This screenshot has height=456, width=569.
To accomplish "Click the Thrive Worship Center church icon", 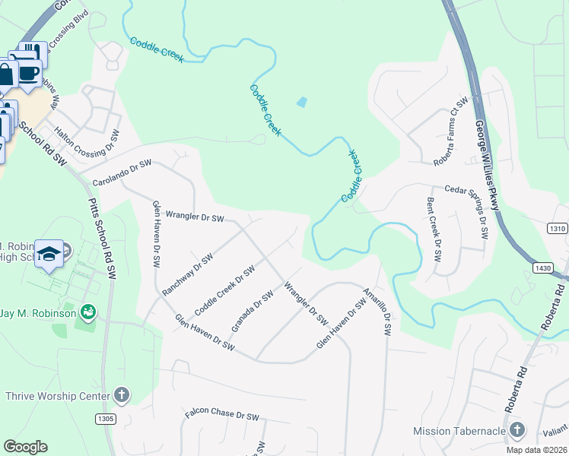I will coord(122,395).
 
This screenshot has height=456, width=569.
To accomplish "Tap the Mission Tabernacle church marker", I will coord(517,431).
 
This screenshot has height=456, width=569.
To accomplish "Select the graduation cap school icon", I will coord(50,254).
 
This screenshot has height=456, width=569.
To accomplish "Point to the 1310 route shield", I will coord(557,228).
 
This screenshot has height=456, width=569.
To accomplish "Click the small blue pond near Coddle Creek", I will coord(302,101).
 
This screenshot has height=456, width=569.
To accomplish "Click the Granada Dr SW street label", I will coord(252,312).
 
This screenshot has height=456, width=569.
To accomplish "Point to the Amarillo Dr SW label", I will coord(377,312).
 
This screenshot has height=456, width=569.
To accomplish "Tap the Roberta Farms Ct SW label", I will coord(450,133).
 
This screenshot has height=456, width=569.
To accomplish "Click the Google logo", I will coord(26,447).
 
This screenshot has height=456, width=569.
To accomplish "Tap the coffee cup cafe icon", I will coord(29,74).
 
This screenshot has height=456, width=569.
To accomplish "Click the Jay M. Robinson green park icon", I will coord(88,312).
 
